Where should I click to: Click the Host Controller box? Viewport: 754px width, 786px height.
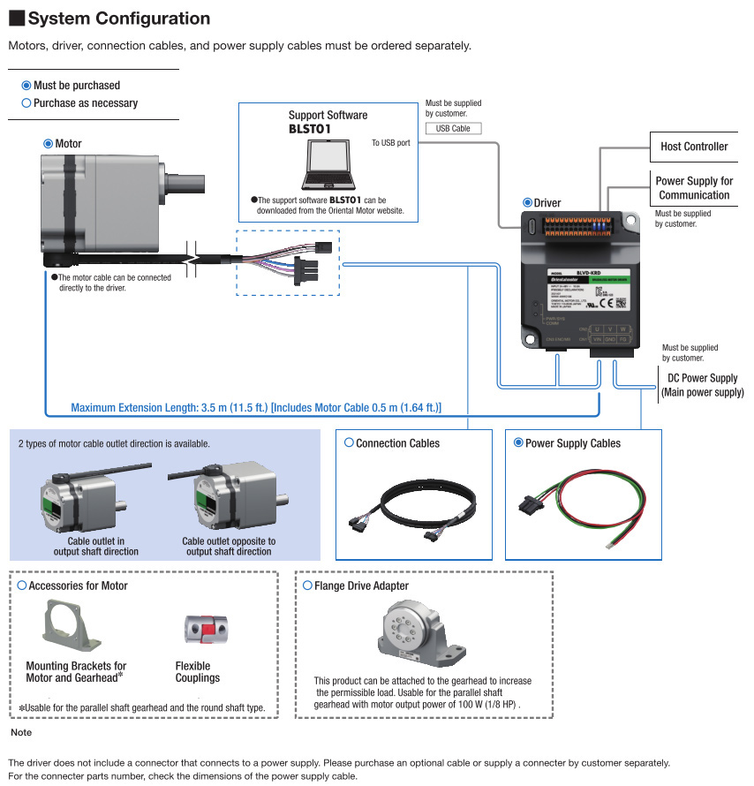click(x=694, y=147)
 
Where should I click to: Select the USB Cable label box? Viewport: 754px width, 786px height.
click(x=454, y=129)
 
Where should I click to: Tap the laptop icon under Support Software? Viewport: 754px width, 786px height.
click(x=330, y=165)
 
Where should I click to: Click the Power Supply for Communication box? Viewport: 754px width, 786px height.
click(x=694, y=188)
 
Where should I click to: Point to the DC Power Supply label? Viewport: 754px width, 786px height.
click(x=702, y=385)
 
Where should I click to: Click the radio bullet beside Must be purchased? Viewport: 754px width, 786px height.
click(x=26, y=86)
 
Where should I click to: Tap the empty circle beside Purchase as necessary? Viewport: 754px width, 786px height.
click(x=26, y=103)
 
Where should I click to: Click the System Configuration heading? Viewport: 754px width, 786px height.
click(x=118, y=19)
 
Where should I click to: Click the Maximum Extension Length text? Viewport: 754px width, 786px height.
click(x=256, y=408)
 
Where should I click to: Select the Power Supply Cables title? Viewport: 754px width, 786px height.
click(x=572, y=443)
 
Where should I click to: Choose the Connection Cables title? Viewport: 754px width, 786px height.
click(x=397, y=443)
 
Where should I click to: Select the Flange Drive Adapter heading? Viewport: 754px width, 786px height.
click(x=361, y=586)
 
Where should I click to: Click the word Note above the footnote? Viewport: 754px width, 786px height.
click(x=21, y=733)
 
